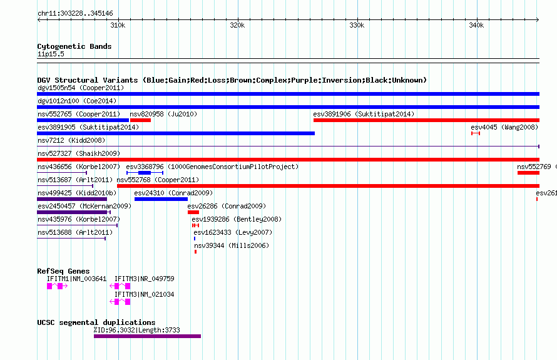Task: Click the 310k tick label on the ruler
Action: (x=118, y=25)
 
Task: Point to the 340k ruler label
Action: (x=476, y=25)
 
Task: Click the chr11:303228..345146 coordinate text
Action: (x=75, y=14)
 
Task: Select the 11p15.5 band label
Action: (x=51, y=54)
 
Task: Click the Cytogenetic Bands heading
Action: (x=74, y=46)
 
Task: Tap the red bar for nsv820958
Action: (x=140, y=120)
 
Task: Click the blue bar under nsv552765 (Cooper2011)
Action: (x=83, y=120)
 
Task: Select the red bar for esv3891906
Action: (x=426, y=120)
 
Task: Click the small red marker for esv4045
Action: (x=476, y=133)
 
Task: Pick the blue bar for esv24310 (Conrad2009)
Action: (x=161, y=199)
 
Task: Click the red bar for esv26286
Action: (x=193, y=212)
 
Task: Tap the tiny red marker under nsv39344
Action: (x=195, y=252)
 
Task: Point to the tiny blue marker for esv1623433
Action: (x=195, y=239)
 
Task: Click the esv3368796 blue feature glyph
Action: (x=145, y=173)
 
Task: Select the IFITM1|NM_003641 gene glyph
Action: (x=57, y=286)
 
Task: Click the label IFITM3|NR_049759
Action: (x=144, y=279)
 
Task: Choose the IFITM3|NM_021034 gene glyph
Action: (x=120, y=302)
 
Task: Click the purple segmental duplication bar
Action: (x=148, y=336)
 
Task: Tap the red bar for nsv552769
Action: (x=528, y=173)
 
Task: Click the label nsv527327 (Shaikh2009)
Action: (x=79, y=153)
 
